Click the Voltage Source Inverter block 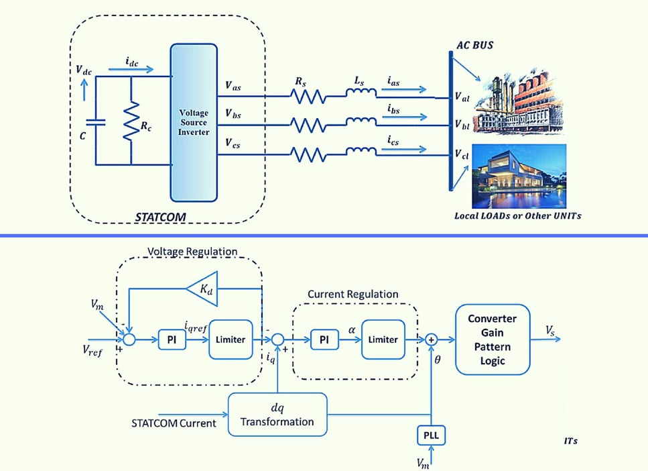195,123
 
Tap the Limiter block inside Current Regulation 383,339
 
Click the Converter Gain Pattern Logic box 492,339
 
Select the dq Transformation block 277,414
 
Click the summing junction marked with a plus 432,340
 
